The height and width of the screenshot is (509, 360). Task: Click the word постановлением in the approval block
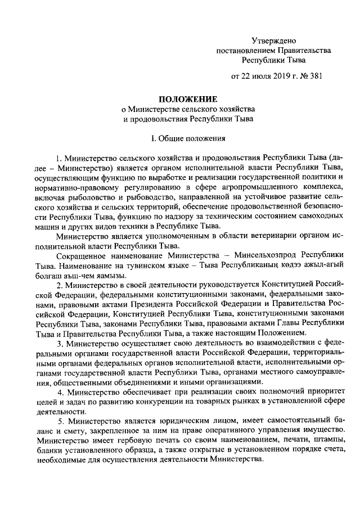[x=245, y=49]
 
